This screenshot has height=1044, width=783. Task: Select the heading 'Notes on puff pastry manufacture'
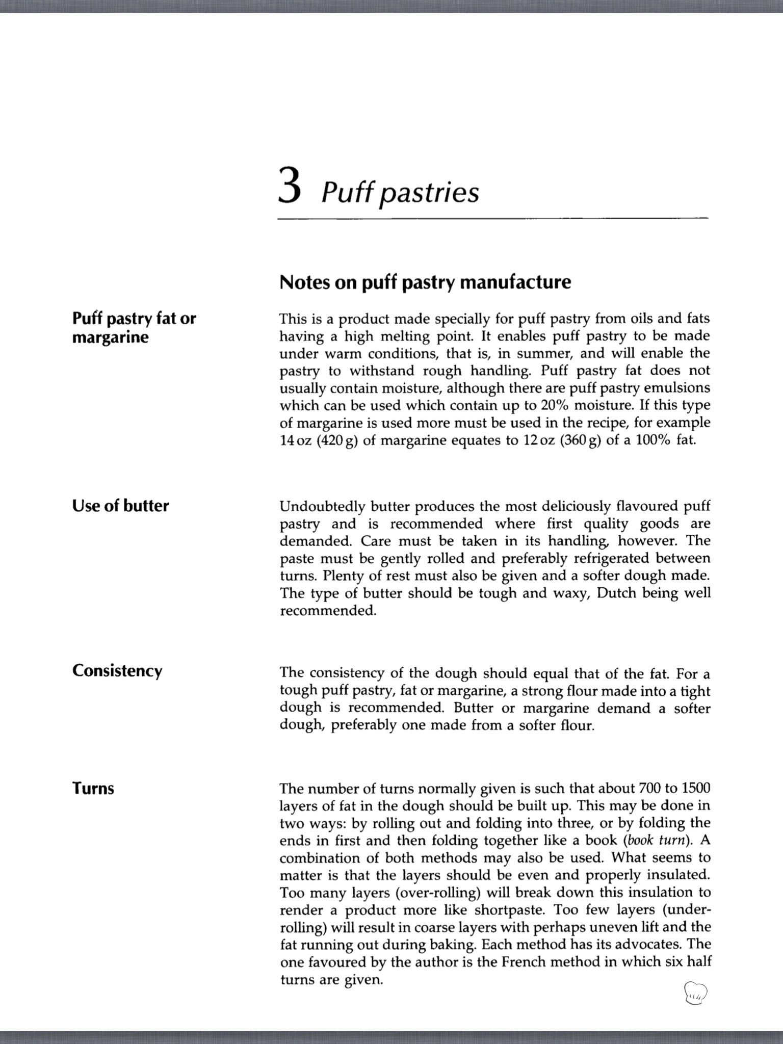coord(425,282)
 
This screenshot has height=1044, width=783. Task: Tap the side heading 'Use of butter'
coord(120,506)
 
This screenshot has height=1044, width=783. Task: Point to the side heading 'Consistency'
coord(117,670)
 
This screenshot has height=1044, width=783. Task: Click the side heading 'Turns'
coord(93,788)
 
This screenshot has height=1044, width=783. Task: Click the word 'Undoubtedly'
coord(323,507)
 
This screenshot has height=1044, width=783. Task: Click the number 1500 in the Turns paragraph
coord(696,788)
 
